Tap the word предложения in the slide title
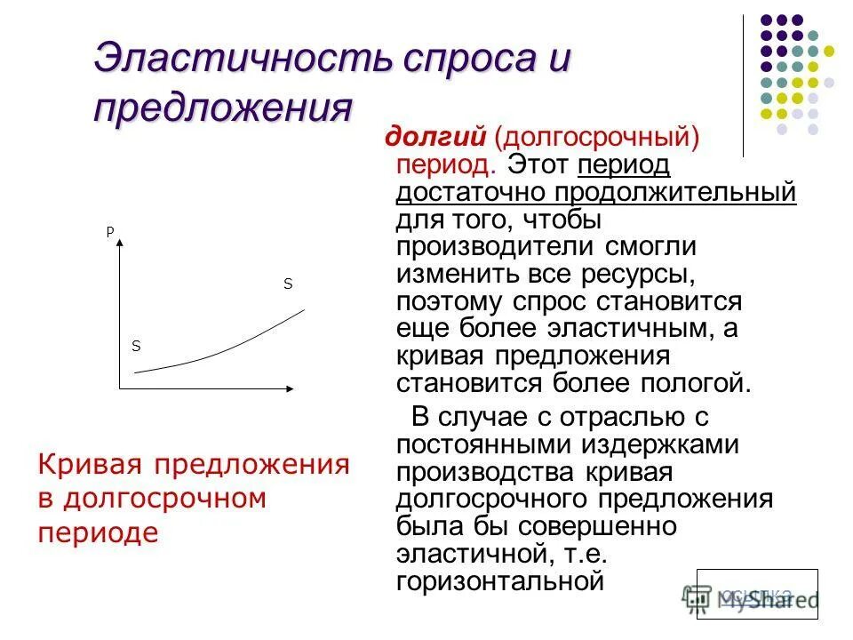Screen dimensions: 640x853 (x=223, y=108)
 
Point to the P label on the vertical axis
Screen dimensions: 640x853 (x=110, y=232)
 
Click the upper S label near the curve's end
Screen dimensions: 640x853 (x=287, y=284)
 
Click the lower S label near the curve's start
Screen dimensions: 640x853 (x=136, y=346)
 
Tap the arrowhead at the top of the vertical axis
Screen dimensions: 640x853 (x=119, y=246)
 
